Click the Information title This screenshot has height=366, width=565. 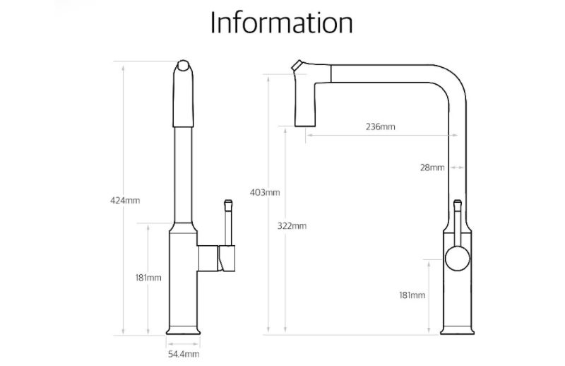click(x=281, y=23)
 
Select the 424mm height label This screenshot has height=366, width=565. click(x=125, y=201)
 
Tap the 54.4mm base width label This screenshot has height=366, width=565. click(x=184, y=354)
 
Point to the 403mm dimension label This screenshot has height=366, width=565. click(x=265, y=193)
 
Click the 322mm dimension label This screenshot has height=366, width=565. click(x=292, y=226)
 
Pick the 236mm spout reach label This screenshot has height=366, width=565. click(x=381, y=127)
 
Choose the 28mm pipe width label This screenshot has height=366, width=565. click(x=432, y=167)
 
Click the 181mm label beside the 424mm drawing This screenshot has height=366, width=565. click(x=148, y=278)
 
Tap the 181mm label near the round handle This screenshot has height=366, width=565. click(x=412, y=295)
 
